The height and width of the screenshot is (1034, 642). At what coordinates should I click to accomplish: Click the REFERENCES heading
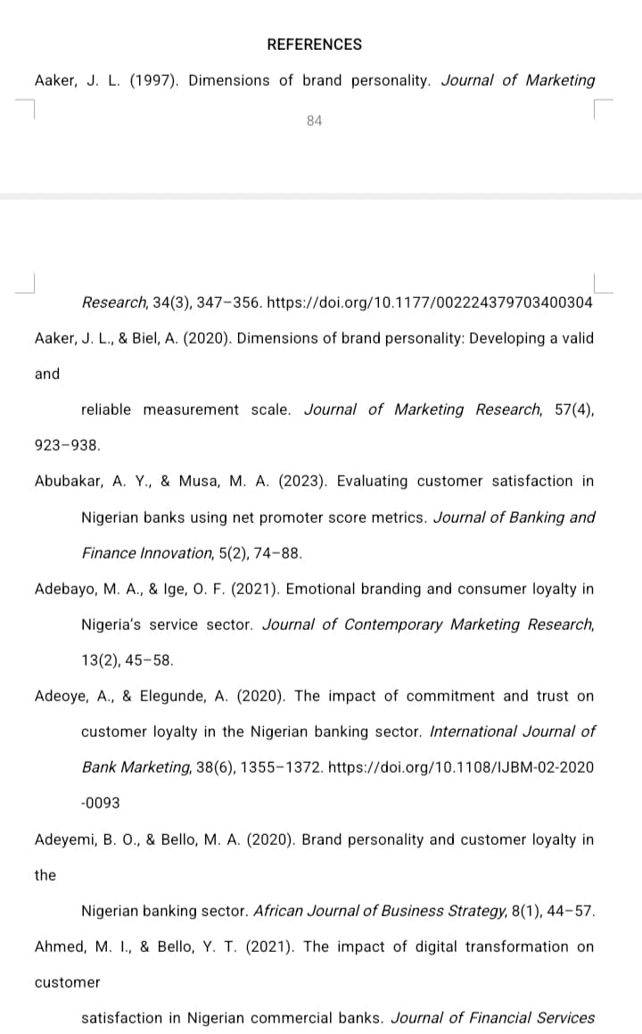coord(314,45)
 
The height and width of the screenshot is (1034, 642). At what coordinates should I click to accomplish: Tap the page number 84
coord(314,120)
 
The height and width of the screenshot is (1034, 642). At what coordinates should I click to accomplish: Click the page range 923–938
coord(68,444)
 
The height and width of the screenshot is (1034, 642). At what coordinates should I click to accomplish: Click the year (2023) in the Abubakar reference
coord(301,481)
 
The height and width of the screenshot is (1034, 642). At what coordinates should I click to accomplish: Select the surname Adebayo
coord(65,589)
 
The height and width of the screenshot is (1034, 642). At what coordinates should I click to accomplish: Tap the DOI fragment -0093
coord(100,803)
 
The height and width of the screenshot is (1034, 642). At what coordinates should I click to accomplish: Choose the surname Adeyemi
coord(65,840)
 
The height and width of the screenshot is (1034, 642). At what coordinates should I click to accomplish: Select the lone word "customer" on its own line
coord(67,982)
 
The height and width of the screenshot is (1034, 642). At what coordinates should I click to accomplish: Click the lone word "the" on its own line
coord(45,875)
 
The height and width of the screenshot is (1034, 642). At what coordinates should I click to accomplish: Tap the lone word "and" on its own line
coord(47,374)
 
